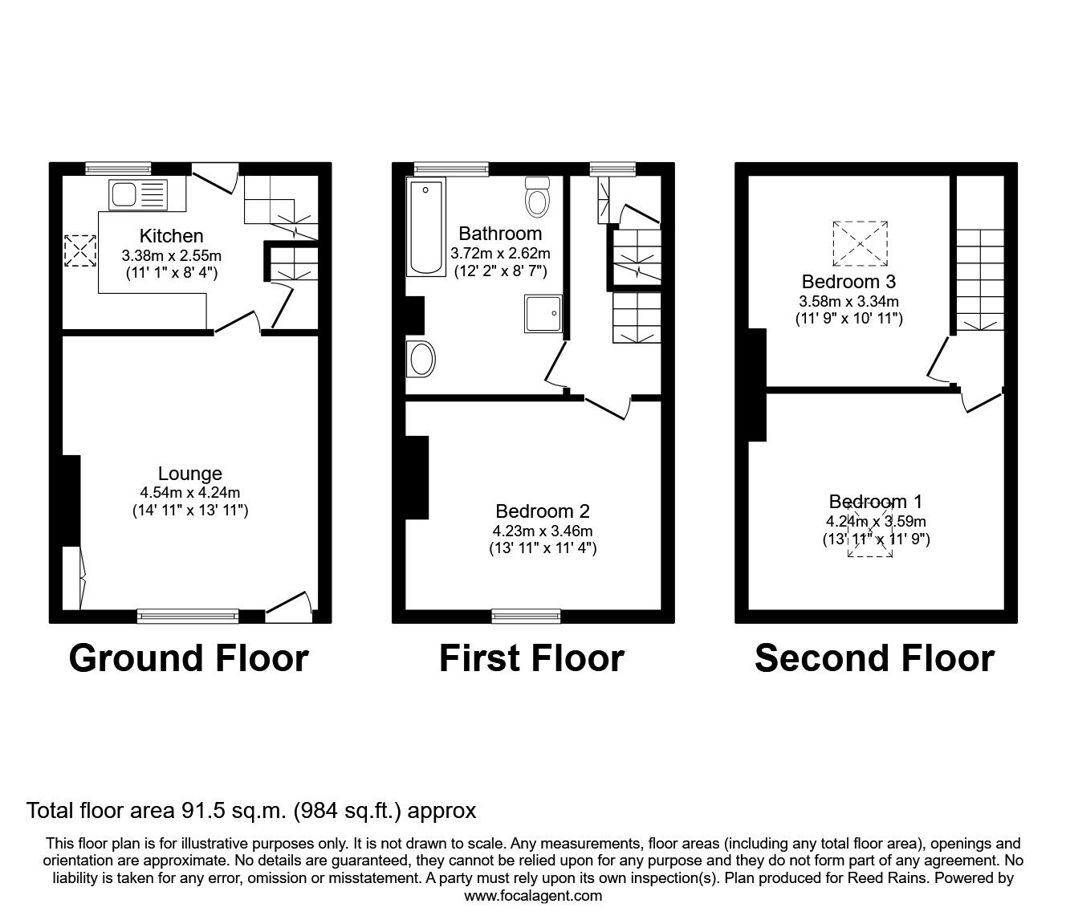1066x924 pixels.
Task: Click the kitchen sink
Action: pyautogui.click(x=136, y=195)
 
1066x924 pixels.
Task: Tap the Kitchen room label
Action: pyautogui.click(x=171, y=236)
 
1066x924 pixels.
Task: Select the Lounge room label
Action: pyautogui.click(x=189, y=474)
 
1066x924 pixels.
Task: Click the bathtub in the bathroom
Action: pyautogui.click(x=425, y=228)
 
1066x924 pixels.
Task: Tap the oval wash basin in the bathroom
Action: pyautogui.click(x=421, y=359)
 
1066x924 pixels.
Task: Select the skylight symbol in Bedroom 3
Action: pyautogui.click(x=861, y=243)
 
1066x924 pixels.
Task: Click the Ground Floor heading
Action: pyautogui.click(x=189, y=658)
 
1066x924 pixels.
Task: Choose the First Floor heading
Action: pyautogui.click(x=531, y=658)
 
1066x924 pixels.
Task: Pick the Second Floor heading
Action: pyautogui.click(x=874, y=658)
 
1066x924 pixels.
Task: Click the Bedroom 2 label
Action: pyautogui.click(x=543, y=511)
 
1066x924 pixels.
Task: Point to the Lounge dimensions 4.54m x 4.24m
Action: pyautogui.click(x=189, y=493)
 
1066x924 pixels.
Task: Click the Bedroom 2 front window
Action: pyautogui.click(x=526, y=617)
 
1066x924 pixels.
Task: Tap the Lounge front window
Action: pyautogui.click(x=188, y=617)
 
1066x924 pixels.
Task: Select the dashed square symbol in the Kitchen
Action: pyautogui.click(x=80, y=250)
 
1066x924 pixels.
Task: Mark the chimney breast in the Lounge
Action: pyautogui.click(x=71, y=501)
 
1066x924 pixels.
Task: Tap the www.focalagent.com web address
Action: pyautogui.click(x=533, y=896)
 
